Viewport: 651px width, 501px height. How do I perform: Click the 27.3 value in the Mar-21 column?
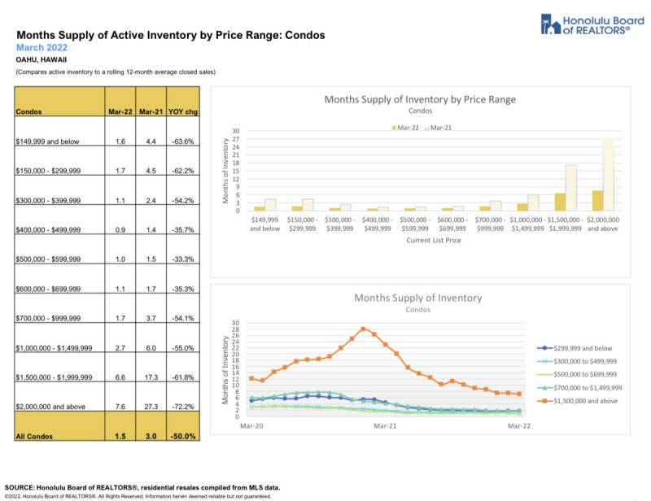click(147, 405)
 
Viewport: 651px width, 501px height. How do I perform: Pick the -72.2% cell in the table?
click(184, 405)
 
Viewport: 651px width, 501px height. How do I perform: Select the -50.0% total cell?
click(184, 437)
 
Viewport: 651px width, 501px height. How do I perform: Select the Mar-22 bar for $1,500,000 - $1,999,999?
click(561, 202)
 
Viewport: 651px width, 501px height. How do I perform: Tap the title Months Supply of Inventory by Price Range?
click(420, 99)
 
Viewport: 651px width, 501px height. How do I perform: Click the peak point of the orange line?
click(362, 328)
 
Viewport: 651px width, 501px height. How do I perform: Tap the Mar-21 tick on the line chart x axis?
click(385, 425)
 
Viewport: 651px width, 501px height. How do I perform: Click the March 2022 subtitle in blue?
click(42, 48)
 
